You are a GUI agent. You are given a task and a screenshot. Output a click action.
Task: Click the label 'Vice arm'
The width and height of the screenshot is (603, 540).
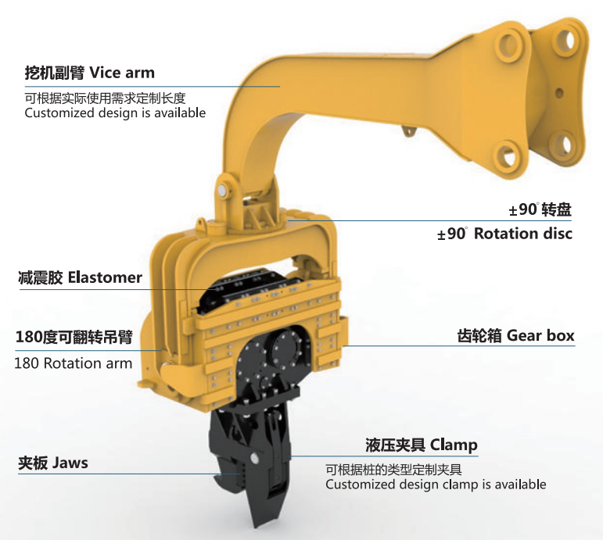click(122, 73)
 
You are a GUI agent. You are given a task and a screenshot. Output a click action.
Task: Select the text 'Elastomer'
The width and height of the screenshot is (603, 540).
click(105, 277)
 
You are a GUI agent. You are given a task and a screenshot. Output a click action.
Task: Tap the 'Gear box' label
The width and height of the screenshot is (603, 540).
click(540, 335)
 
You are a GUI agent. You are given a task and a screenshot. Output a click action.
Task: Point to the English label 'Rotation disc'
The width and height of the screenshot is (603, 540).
click(523, 234)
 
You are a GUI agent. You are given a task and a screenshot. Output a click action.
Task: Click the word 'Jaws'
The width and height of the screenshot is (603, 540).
click(70, 463)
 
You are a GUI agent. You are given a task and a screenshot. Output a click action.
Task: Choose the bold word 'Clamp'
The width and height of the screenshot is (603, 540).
click(454, 445)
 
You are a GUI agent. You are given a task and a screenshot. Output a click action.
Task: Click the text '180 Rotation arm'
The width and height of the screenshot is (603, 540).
click(73, 363)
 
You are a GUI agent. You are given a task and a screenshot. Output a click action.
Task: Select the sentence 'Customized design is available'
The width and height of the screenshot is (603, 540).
click(115, 113)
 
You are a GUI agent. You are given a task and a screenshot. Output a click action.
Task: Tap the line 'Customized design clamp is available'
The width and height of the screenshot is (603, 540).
click(436, 485)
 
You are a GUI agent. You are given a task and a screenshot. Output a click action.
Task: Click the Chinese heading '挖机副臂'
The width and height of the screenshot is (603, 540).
click(55, 73)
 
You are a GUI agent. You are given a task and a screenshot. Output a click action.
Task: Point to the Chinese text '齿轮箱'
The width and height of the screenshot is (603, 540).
click(479, 335)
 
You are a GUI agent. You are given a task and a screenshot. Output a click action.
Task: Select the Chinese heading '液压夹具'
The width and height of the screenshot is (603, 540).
click(395, 445)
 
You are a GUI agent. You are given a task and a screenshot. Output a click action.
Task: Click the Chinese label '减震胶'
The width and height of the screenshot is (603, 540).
click(41, 277)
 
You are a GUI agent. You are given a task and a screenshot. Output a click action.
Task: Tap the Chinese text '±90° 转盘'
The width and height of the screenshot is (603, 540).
click(540, 210)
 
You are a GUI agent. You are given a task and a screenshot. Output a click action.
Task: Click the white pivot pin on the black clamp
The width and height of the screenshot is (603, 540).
click(254, 458)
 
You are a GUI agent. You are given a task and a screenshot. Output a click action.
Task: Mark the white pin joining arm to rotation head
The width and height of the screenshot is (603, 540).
click(222, 191)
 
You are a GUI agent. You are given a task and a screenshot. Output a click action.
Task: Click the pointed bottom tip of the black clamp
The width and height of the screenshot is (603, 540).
click(256, 524)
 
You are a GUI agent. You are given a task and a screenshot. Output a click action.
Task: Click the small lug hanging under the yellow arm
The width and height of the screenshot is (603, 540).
click(409, 131)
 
